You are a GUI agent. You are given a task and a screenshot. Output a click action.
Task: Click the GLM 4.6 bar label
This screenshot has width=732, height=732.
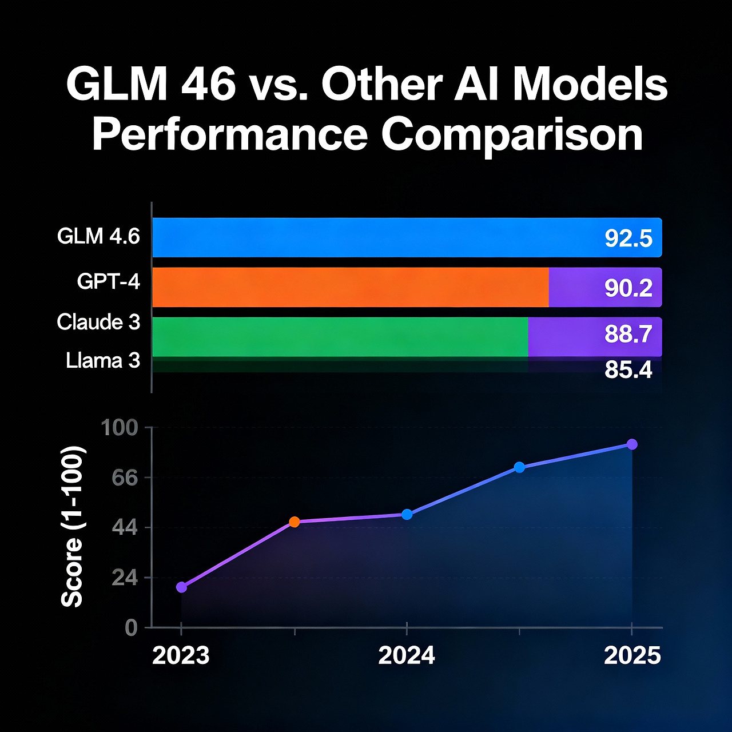pyautogui.click(x=98, y=236)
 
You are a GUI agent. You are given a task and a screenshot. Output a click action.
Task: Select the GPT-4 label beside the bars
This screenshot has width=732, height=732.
pyautogui.click(x=109, y=281)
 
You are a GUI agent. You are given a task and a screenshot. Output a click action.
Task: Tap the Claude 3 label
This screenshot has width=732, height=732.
pyautogui.click(x=98, y=322)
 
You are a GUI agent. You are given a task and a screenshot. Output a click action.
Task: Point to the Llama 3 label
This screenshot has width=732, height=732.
pyautogui.click(x=103, y=361)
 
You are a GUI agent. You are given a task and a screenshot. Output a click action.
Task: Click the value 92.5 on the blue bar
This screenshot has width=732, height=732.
pyautogui.click(x=628, y=238)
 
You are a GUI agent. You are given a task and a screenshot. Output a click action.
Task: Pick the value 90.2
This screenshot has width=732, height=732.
pyautogui.click(x=628, y=288)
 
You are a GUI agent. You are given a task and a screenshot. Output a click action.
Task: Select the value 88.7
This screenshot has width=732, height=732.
pyautogui.click(x=628, y=334)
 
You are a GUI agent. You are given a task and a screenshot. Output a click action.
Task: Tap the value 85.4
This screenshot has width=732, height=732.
pyautogui.click(x=628, y=370)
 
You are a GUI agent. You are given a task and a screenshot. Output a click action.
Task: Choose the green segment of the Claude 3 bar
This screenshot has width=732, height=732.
pyautogui.click(x=340, y=337)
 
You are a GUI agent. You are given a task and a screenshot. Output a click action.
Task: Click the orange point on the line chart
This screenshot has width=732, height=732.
pyautogui.click(x=294, y=522)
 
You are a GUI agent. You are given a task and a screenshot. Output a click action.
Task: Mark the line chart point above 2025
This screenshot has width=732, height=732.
pyautogui.click(x=632, y=444)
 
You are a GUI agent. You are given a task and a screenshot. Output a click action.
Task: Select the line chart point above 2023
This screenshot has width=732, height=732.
pyautogui.click(x=181, y=587)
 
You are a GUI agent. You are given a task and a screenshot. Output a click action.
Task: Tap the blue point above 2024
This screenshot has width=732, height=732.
pyautogui.click(x=407, y=515)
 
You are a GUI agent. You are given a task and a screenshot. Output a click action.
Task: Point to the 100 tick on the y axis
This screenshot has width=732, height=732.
pyautogui.click(x=120, y=428)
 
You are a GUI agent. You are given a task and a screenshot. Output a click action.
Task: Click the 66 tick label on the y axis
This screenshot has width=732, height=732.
pyautogui.click(x=125, y=478)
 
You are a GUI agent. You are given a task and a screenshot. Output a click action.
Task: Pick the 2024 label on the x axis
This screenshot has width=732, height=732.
pyautogui.click(x=407, y=655)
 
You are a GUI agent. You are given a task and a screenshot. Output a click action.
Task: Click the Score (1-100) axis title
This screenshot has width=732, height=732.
pyautogui.click(x=73, y=527)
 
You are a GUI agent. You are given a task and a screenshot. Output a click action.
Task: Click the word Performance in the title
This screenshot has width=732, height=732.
pyautogui.click(x=229, y=135)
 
